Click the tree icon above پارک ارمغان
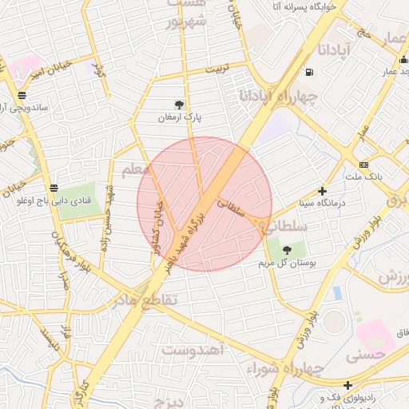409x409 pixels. (x=179, y=105)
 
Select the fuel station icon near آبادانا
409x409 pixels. (x=309, y=73)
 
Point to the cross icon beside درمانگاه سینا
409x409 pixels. (x=322, y=191)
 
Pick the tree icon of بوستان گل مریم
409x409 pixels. (x=286, y=250)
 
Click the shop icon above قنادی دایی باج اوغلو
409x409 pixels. (x=54, y=189)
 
